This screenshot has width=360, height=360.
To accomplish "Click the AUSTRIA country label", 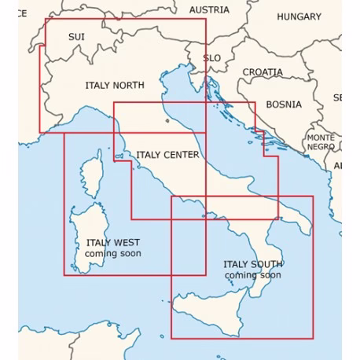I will [x=209, y=10].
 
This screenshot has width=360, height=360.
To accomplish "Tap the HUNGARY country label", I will [x=299, y=17].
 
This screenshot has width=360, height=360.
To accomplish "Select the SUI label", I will [x=76, y=37].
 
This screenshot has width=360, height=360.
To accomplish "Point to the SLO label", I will [x=211, y=58].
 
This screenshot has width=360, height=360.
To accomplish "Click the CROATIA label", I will [x=263, y=72].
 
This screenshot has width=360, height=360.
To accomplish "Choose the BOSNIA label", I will [x=284, y=104].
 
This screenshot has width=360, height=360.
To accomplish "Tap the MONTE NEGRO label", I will [x=321, y=142].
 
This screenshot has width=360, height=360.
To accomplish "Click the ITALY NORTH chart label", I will [x=114, y=85].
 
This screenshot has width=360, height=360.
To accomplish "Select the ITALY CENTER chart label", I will [x=167, y=155].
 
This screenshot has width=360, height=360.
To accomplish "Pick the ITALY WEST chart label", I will [x=113, y=243].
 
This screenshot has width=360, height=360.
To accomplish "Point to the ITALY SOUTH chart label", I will [x=252, y=265].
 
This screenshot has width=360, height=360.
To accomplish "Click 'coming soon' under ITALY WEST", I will [x=113, y=254].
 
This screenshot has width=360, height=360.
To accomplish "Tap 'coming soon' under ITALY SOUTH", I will [x=252, y=275].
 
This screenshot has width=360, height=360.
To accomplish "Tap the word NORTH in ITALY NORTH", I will [x=129, y=85].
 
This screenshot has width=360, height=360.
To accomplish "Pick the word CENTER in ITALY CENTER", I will [x=182, y=155].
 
